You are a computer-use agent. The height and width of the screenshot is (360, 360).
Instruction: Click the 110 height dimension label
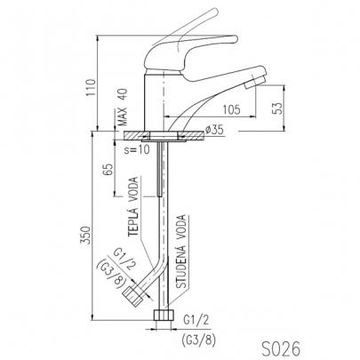[91, 87]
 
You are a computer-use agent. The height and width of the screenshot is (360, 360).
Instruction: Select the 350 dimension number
[86, 236]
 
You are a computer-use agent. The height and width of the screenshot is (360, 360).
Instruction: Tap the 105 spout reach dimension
[231, 109]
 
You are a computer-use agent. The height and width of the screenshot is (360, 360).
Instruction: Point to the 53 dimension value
[276, 108]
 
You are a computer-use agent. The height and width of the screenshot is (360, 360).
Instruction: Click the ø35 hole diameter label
[214, 130]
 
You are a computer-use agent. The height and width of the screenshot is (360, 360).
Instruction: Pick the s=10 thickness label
[137, 149]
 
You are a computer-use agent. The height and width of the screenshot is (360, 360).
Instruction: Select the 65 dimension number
[108, 169]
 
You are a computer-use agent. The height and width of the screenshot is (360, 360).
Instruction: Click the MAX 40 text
[122, 108]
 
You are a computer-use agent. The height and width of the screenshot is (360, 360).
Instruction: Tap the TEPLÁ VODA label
[133, 206]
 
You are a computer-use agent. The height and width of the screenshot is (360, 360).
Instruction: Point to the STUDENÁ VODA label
[181, 252]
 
